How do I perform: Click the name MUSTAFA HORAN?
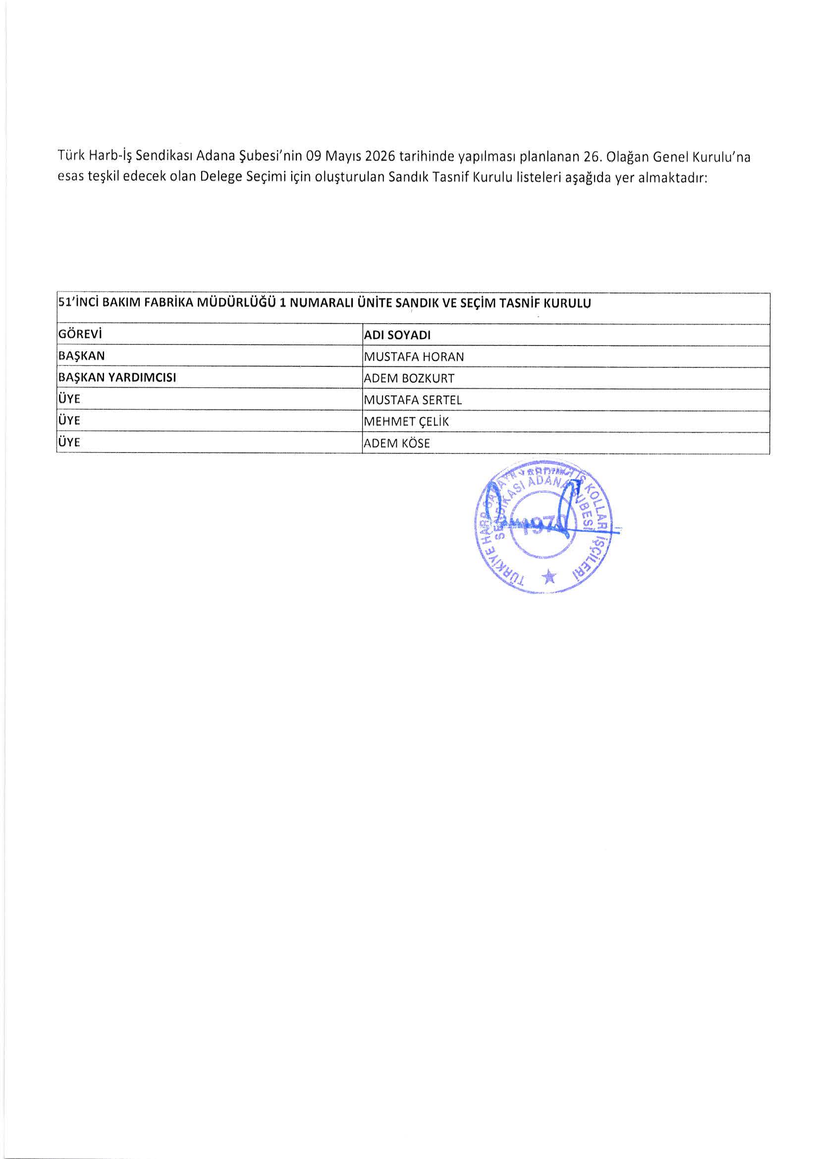tap(413, 357)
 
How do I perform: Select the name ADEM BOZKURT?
tap(409, 379)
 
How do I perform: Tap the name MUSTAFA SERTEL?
tap(412, 401)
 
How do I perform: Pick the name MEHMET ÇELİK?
tap(406, 422)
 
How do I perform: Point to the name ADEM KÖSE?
tap(397, 444)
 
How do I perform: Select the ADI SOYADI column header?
tap(397, 336)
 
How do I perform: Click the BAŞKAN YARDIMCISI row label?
tap(117, 378)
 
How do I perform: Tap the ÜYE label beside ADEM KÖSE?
tap(69, 442)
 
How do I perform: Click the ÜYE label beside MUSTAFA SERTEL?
tap(69, 399)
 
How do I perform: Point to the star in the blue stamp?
tap(548, 576)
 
